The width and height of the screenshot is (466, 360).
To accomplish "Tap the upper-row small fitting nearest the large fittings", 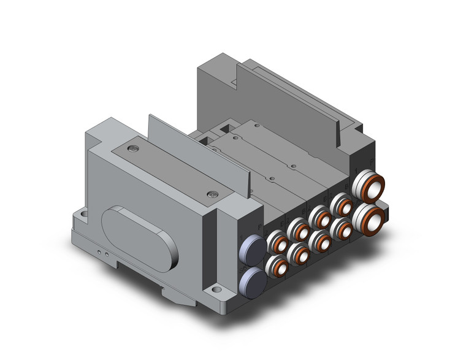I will click(338, 204).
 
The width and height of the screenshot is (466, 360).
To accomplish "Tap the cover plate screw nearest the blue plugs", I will click(213, 194).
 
